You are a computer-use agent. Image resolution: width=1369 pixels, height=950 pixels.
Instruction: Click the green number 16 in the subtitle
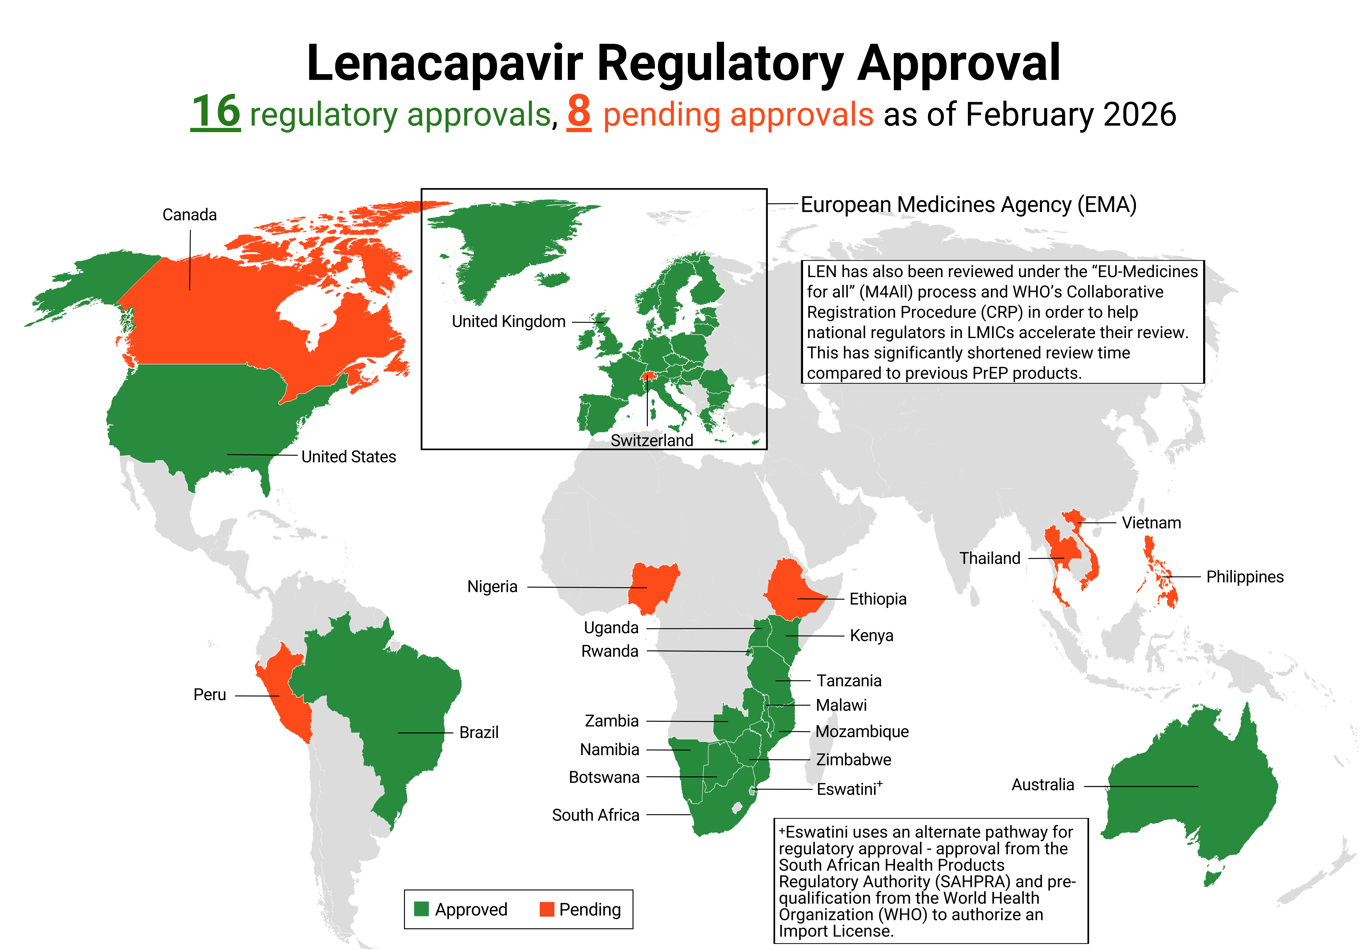click(215, 112)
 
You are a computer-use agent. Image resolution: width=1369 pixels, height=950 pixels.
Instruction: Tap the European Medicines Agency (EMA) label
click(968, 205)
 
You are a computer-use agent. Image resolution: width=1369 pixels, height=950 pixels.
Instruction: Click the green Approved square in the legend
click(421, 909)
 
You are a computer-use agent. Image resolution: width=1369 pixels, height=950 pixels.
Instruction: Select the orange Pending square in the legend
click(546, 909)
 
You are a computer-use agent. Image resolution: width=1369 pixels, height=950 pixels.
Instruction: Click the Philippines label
click(1245, 577)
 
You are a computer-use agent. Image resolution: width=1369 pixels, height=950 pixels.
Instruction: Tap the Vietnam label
click(1151, 523)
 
